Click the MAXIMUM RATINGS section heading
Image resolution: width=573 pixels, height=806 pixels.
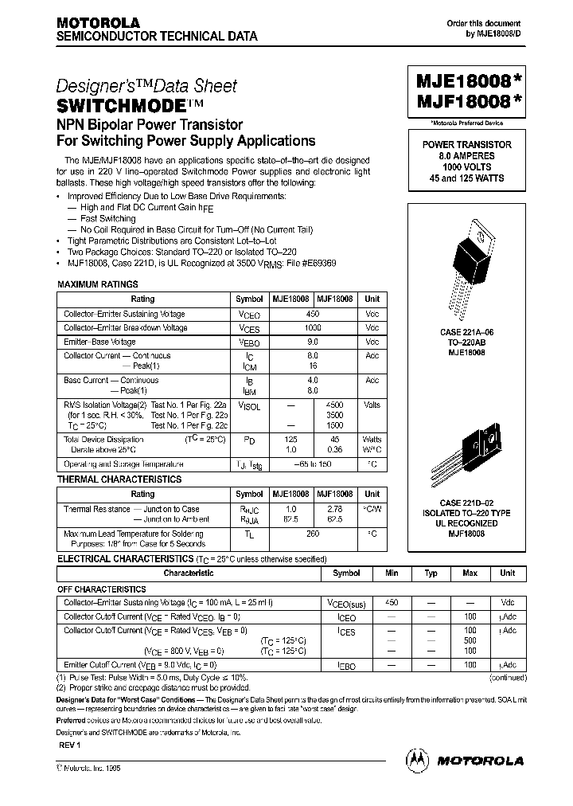98,284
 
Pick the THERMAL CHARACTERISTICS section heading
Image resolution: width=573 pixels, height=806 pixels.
119,479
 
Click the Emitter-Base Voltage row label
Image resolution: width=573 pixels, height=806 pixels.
100,342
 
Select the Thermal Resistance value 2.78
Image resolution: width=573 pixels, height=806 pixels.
335,509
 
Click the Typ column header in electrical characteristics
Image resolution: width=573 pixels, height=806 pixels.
431,573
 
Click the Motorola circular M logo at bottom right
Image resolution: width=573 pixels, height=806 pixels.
418,760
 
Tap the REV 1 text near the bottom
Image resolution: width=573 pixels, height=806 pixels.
70,745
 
